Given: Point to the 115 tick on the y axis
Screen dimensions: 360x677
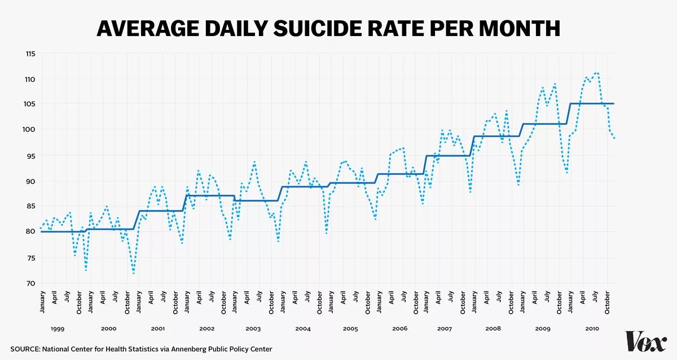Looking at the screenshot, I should pyautogui.click(x=30, y=54).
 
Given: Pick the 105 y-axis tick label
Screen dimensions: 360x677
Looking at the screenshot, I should pyautogui.click(x=30, y=104).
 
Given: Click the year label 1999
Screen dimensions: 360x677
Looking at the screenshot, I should pyautogui.click(x=58, y=328).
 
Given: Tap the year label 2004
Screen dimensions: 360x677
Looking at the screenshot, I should pyautogui.click(x=303, y=328).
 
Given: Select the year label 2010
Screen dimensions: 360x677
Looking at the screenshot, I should pyautogui.click(x=592, y=328).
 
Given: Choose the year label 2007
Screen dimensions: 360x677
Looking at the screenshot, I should pyautogui.click(x=444, y=328).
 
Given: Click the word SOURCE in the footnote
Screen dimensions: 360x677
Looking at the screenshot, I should pyautogui.click(x=24, y=349).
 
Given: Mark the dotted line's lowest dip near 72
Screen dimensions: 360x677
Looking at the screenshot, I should pyautogui.click(x=134, y=273).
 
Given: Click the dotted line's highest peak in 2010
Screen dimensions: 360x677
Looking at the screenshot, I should pyautogui.click(x=596, y=73).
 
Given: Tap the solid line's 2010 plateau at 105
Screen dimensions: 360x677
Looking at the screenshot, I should pyautogui.click(x=592, y=104).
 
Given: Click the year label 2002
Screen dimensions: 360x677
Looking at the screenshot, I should pyautogui.click(x=207, y=328).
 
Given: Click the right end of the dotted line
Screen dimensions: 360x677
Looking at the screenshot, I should pyautogui.click(x=614, y=138).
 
